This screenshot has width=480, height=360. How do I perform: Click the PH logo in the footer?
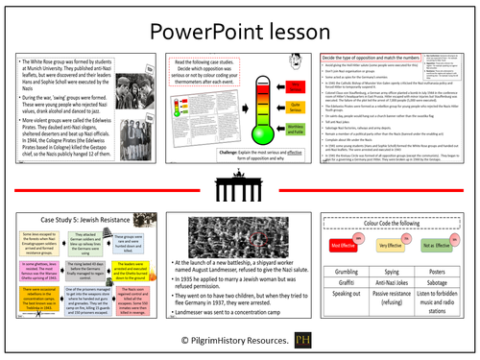(x=332, y=341)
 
